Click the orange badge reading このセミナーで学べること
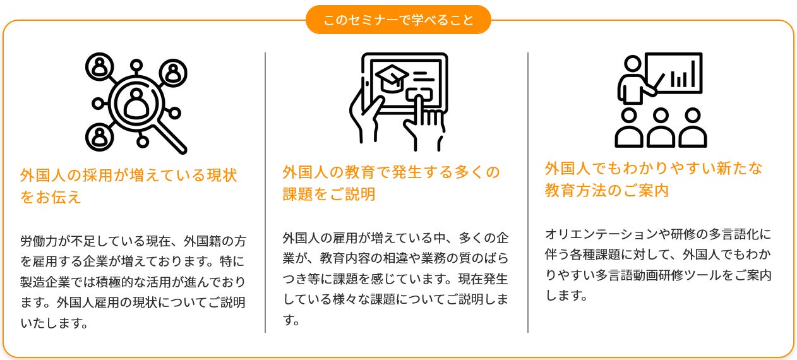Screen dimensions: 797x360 point(398,20)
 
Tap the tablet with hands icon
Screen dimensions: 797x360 point(398,101)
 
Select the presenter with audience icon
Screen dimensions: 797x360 point(660,100)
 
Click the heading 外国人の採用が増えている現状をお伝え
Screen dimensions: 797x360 point(129,186)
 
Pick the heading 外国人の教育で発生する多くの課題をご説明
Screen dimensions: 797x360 point(391,183)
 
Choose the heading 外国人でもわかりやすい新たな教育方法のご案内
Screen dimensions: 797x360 point(654,179)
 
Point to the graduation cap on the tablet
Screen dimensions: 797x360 point(391,78)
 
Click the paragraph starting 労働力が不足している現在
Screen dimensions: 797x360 point(133,282)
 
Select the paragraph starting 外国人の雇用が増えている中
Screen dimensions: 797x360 point(395,279)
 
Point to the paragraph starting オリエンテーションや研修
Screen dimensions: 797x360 point(657,265)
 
